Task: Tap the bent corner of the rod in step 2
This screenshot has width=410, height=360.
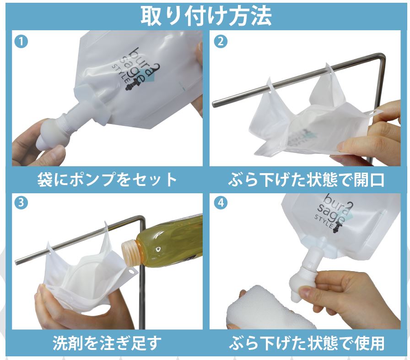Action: tap(379, 58)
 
